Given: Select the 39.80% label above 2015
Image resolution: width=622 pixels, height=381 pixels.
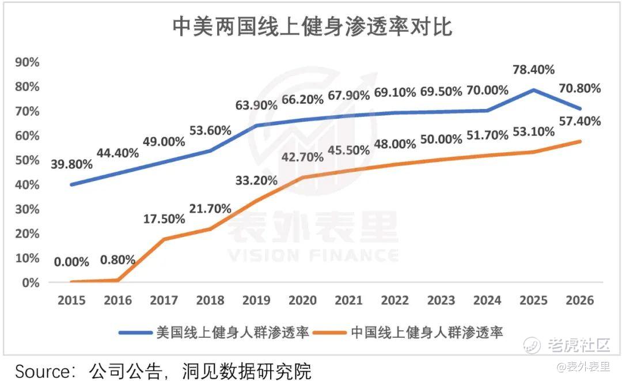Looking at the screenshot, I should [71, 164].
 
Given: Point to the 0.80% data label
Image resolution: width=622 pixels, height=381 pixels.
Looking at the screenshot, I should [117, 259].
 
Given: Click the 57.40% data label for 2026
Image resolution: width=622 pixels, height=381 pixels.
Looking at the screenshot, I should [579, 121].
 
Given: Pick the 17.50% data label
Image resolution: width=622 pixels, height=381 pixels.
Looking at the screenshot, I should [164, 219].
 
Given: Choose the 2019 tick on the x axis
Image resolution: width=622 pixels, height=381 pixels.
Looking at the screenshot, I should [256, 300].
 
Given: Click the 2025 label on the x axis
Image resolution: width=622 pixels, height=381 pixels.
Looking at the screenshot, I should [533, 300].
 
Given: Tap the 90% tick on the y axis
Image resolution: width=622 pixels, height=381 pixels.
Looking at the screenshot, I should [27, 62].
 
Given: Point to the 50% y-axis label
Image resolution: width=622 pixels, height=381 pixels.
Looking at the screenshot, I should [27, 160].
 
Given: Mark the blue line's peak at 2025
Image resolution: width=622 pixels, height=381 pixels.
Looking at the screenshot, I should [533, 90].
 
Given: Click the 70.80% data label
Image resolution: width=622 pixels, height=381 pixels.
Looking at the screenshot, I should [579, 88].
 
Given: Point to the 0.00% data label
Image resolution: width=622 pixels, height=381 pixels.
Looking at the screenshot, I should [71, 262].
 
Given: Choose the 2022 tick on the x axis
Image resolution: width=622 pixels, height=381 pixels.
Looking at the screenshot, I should [395, 300].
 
